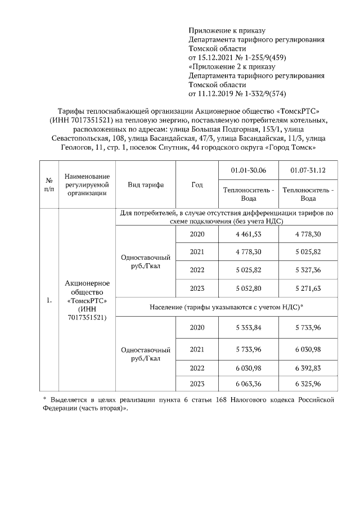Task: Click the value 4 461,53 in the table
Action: pyautogui.click(x=250, y=234)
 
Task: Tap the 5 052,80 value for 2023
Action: pyautogui.click(x=250, y=288)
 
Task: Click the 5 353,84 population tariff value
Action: pyautogui.click(x=250, y=327)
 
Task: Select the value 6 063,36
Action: pyautogui.click(x=250, y=384)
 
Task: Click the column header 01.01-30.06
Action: pyautogui.click(x=250, y=170)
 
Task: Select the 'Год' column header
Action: pyautogui.click(x=197, y=185)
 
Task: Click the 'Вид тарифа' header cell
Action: pyautogui.click(x=146, y=185)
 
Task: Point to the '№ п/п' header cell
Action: pyautogui.click(x=49, y=185)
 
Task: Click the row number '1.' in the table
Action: pyautogui.click(x=49, y=300)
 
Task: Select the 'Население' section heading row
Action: pyautogui.click(x=227, y=307)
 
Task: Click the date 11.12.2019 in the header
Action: pyautogui.click(x=211, y=93)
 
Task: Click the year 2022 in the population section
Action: pyautogui.click(x=197, y=368)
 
